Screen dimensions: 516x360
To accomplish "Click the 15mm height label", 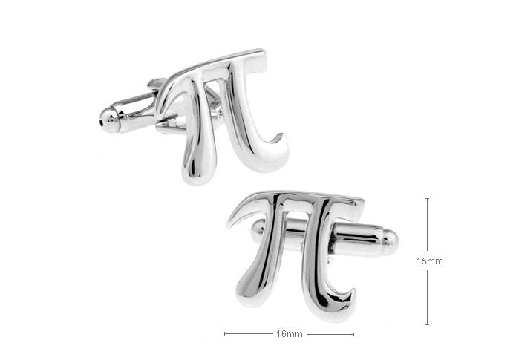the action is click(430, 261).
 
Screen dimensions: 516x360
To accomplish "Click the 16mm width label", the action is click(290, 334).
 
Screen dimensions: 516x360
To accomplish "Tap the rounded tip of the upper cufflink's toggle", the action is click(109, 120).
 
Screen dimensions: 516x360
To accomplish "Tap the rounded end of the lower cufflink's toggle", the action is click(391, 242).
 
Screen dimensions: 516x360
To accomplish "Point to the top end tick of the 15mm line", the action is click(427, 198).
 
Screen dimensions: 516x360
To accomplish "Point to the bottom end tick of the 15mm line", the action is click(427, 325).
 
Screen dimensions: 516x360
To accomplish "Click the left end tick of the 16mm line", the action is click(225, 334).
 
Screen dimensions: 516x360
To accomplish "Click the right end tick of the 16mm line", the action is click(353, 334).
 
